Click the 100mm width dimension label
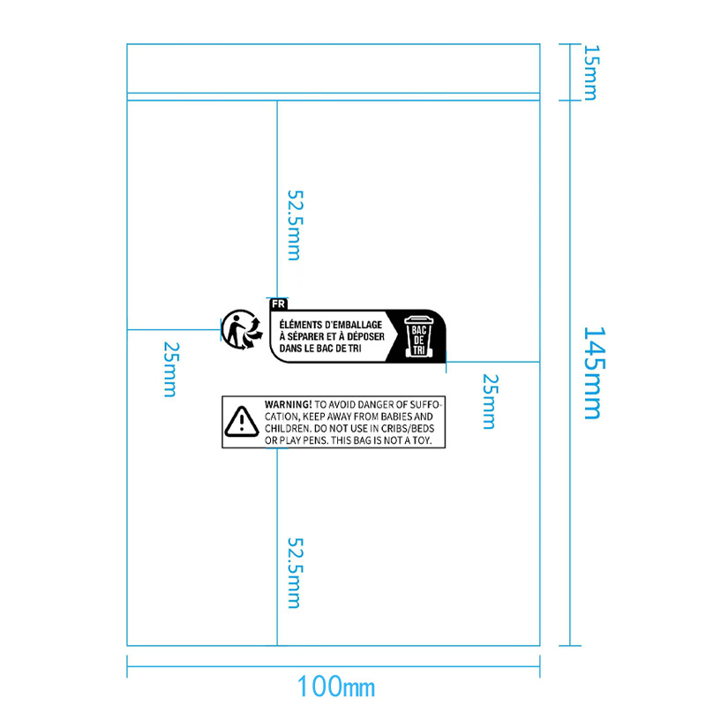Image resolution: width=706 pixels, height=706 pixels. tap(335, 686)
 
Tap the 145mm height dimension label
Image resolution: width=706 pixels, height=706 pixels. tap(591, 372)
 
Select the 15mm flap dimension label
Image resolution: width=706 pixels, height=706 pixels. tap(590, 72)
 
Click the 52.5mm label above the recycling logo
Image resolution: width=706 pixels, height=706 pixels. tap(294, 224)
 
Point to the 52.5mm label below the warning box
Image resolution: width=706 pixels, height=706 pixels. tap(294, 573)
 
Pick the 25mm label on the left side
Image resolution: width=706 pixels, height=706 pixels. tap(169, 369)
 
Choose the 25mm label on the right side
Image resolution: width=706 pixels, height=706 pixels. tap(489, 401)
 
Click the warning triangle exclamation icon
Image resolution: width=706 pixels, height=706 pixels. tap(240, 422)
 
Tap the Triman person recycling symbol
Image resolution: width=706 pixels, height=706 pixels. tap(241, 330)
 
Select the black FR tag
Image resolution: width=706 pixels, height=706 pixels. tap(279, 304)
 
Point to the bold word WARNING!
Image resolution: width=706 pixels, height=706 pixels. tap(289, 403)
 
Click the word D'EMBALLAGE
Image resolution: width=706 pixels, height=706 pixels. tap(356, 325)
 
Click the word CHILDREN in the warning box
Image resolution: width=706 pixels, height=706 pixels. tap(287, 428)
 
